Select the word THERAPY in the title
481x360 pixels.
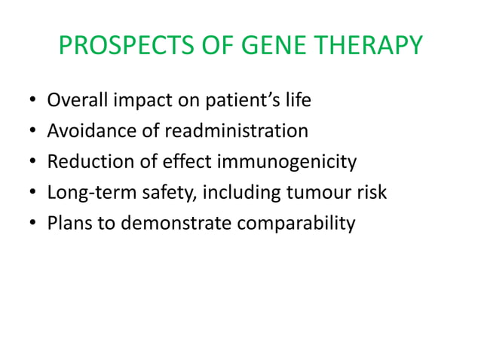(x=368, y=47)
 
